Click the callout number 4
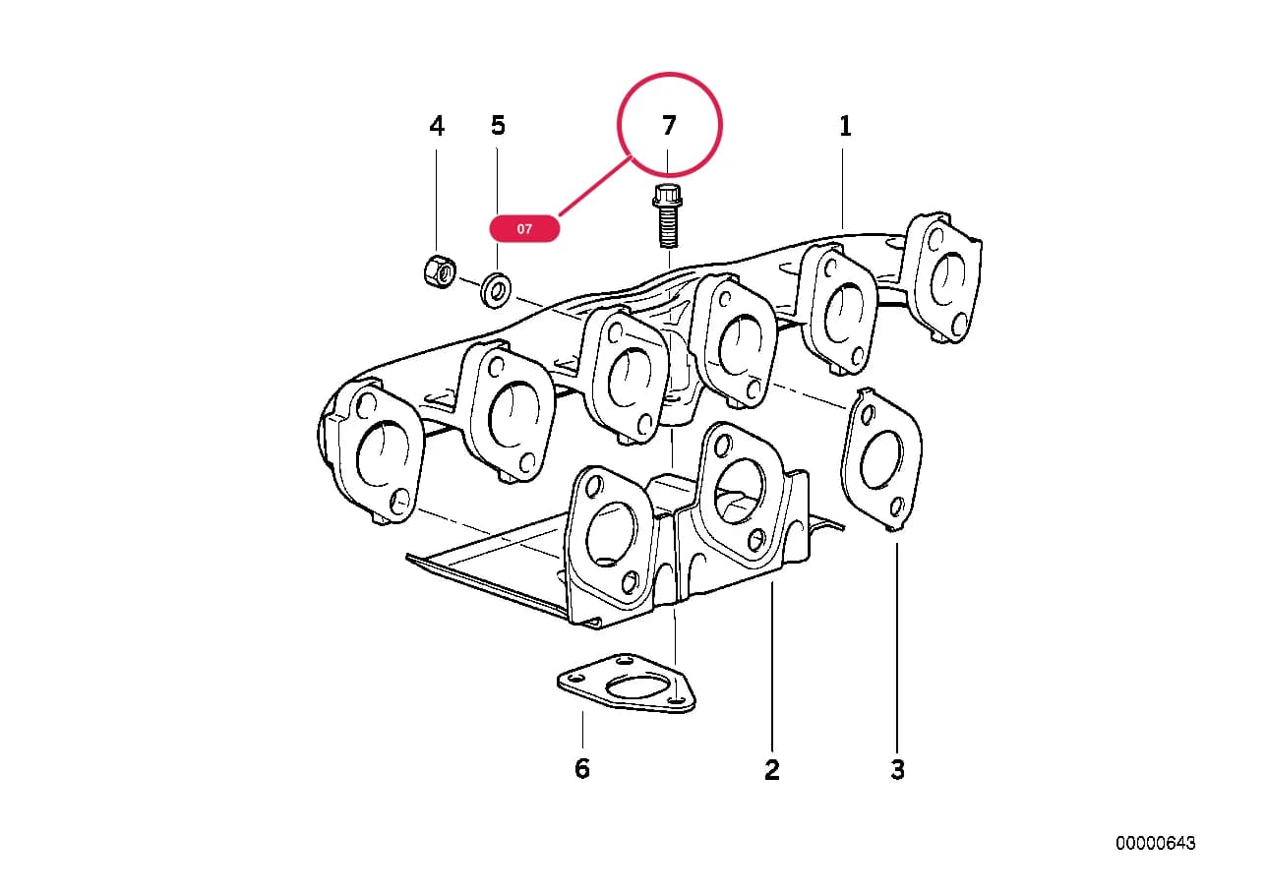(437, 126)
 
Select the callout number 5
(498, 126)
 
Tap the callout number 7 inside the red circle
(669, 126)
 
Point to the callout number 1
(845, 126)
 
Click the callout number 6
(582, 768)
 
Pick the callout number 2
(771, 769)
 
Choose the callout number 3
(898, 769)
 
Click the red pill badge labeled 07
(524, 228)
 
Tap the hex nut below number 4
(440, 271)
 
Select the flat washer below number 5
(496, 290)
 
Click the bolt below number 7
(667, 216)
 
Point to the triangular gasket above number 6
(627, 683)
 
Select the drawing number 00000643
(1156, 843)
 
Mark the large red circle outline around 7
(720, 124)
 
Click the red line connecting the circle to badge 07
(595, 187)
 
